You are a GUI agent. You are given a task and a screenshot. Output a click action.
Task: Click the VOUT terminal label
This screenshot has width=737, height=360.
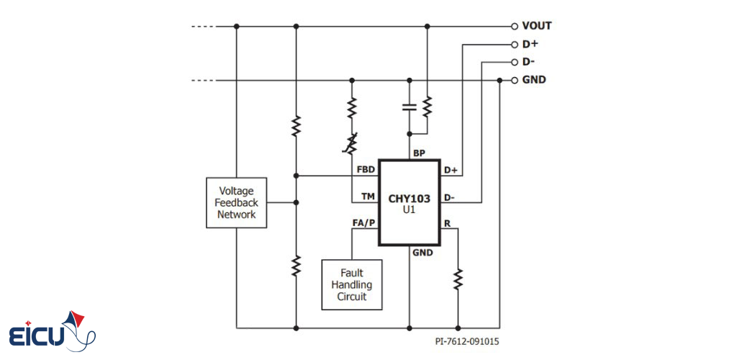pos(536,26)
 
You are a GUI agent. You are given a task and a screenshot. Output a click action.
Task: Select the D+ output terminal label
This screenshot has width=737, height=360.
pos(530,44)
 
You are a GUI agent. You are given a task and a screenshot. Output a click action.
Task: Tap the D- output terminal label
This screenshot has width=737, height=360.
pos(529,62)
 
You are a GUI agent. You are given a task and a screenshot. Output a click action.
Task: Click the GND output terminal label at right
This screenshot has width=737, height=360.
pos(534,80)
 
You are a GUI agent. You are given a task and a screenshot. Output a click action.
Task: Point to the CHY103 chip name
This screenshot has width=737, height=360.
pos(409,197)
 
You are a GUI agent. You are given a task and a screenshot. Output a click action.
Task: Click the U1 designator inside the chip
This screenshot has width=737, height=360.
pos(409,210)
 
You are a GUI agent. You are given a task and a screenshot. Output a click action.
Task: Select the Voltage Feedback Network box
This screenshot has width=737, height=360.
pos(236,203)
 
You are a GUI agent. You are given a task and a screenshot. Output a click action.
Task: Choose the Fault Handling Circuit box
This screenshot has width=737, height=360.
pos(351,284)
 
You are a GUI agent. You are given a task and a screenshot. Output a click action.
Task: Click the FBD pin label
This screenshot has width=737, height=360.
pos(366,170)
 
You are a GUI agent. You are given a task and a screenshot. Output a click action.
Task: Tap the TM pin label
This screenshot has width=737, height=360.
pos(368,197)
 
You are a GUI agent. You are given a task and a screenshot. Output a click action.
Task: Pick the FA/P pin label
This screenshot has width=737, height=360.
pos(364,223)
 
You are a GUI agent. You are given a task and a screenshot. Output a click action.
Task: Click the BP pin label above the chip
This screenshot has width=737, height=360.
pos(420,153)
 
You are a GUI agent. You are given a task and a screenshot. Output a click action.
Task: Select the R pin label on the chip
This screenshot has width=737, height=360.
pos(447,223)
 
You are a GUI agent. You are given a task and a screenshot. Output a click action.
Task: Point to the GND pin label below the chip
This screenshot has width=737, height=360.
pos(422,253)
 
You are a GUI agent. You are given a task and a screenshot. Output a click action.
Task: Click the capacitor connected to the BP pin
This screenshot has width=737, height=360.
pos(409,107)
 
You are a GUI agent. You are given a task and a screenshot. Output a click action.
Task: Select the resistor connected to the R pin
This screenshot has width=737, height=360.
pos(458,278)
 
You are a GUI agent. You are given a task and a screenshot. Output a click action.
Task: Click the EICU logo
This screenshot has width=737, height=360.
pos(52,332)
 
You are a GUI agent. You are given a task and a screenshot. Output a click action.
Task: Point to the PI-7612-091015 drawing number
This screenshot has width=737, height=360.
pos(466,342)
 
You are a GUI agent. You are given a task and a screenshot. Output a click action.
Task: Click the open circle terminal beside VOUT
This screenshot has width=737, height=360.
pos(514,26)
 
